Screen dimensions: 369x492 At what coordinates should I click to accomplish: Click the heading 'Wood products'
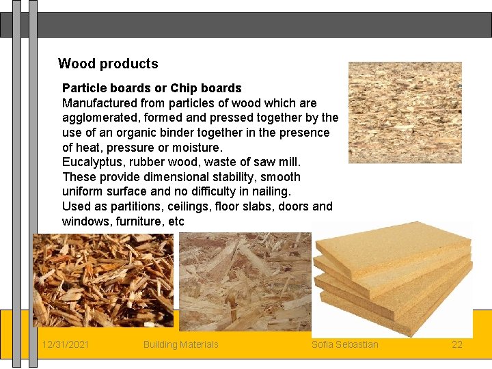point(108,64)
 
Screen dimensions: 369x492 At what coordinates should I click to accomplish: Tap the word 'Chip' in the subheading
point(182,88)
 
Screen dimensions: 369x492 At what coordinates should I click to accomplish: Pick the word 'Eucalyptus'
point(91,162)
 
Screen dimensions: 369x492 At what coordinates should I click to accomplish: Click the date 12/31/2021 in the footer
point(65,344)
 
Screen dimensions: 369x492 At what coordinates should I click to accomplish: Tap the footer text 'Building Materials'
point(181,344)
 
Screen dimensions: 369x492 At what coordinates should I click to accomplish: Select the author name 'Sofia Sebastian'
point(345,344)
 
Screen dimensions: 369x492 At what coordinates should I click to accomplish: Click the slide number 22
point(457,344)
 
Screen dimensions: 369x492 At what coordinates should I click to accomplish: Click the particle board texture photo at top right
point(405,112)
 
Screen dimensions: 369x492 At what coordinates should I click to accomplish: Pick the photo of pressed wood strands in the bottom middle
point(244,280)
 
